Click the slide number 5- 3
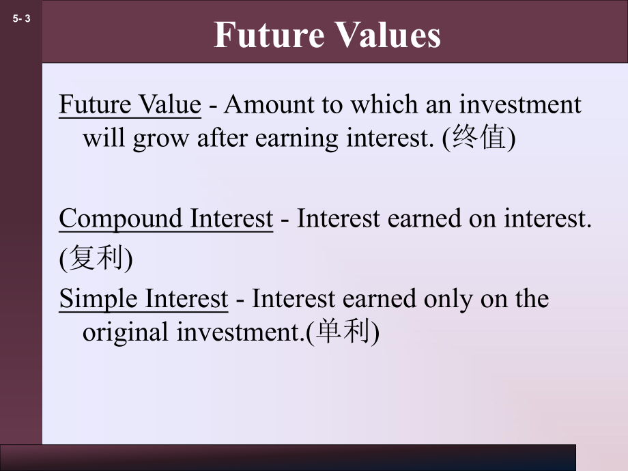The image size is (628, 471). pos(22,20)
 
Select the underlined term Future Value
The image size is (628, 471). pos(130,104)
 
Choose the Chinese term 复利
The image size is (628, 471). pos(96,259)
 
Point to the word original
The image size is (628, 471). pos(127,332)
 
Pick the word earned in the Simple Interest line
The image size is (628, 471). pos(383,299)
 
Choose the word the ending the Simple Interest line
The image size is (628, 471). pos(530,299)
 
